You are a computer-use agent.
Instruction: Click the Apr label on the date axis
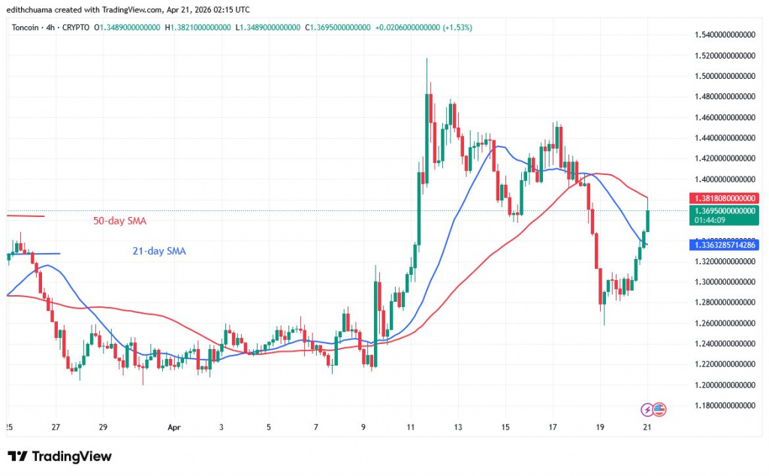tap(174, 427)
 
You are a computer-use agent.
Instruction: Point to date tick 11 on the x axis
tap(410, 427)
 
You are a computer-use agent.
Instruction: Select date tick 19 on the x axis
tap(600, 427)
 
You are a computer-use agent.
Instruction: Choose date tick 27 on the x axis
tap(56, 427)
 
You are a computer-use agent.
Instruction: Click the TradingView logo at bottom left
tap(59, 456)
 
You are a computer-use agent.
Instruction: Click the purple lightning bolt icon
tap(647, 410)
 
